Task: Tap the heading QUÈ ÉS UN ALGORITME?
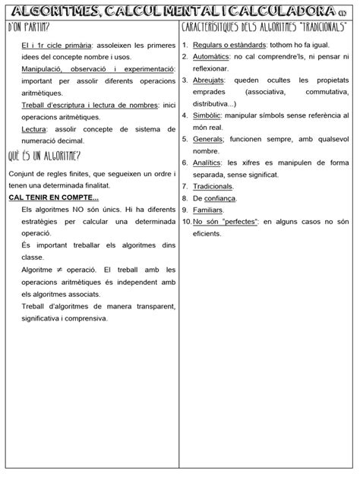45,156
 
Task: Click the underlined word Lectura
34,130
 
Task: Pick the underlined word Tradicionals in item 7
213,186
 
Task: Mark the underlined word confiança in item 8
219,198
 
